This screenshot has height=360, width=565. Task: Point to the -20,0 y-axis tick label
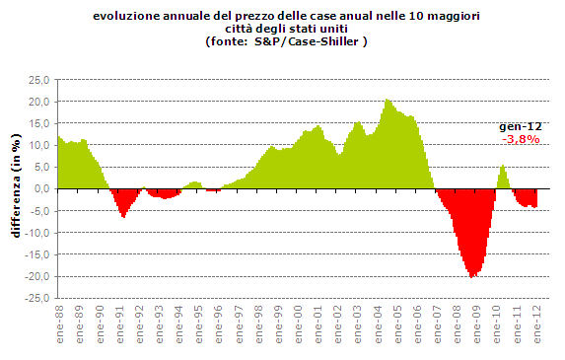point(37,276)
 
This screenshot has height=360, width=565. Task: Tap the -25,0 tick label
point(37,298)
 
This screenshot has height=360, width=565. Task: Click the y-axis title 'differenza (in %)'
point(15,188)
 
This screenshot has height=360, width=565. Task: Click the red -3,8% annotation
point(521,140)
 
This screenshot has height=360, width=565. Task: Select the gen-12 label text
point(518,127)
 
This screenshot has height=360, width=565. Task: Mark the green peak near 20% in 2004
point(388,101)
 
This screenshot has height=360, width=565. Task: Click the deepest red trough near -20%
point(473,275)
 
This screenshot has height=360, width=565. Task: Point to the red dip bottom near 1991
point(123,215)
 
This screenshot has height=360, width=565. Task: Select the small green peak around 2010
point(503,167)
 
